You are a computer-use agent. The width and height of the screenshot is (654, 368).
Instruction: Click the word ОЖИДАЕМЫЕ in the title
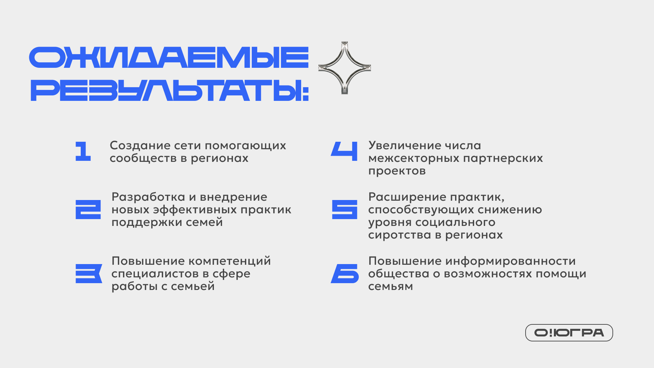point(169,57)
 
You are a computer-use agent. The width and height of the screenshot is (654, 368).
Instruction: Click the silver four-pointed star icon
point(345,68)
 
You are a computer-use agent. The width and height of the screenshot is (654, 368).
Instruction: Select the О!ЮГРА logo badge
point(569,333)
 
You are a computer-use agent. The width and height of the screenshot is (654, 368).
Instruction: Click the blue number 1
point(83,151)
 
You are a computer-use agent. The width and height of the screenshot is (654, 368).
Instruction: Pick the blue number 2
point(88,210)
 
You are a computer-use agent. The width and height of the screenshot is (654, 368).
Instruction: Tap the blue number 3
point(89,274)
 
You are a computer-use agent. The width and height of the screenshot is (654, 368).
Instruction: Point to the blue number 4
point(344,151)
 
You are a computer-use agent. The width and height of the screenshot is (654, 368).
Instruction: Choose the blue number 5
point(345,210)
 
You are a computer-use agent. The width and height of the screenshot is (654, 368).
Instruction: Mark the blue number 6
point(345,274)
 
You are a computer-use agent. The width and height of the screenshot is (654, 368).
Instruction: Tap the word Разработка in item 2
point(148,197)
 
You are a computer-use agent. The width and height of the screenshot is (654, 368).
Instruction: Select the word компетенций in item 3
point(230,261)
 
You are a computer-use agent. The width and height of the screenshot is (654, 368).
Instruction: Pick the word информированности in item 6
point(511,261)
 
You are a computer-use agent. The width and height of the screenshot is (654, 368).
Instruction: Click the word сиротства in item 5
point(400,235)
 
